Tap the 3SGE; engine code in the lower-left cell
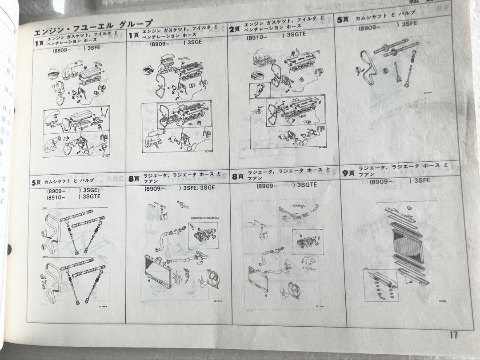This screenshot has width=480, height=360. point(92,191)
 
